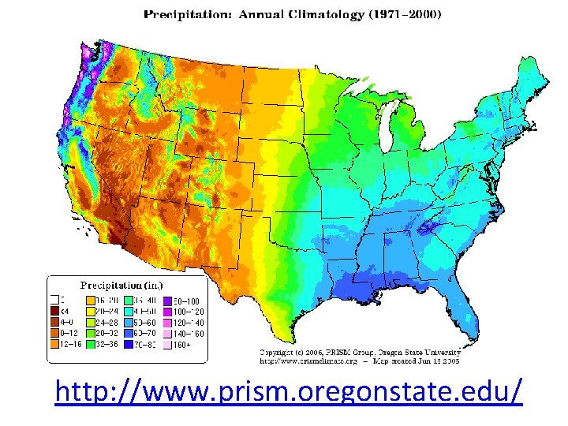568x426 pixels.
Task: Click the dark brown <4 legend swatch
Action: click(54, 312)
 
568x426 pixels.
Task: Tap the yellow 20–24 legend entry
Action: click(92, 312)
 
